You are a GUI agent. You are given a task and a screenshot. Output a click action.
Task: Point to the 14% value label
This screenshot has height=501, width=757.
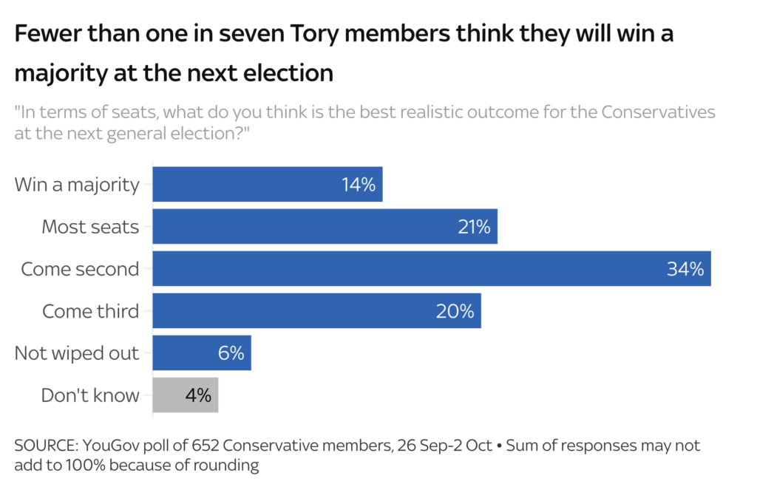click(x=359, y=185)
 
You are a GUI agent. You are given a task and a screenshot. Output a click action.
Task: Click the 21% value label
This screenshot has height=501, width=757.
click(x=473, y=227)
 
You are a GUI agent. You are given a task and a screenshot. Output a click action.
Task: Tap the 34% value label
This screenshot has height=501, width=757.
click(x=685, y=269)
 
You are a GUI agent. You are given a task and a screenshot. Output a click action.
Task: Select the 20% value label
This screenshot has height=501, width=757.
click(x=455, y=311)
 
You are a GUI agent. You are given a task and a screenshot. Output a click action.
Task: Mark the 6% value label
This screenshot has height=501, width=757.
click(x=231, y=353)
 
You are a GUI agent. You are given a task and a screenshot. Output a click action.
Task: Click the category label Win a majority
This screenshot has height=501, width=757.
click(x=77, y=185)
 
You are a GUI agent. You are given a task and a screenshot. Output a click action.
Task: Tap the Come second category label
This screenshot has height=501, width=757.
click(x=80, y=269)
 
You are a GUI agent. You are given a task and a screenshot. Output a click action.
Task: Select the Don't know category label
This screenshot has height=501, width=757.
click(x=90, y=395)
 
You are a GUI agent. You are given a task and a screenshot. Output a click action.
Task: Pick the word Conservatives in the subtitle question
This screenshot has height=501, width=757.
click(x=658, y=112)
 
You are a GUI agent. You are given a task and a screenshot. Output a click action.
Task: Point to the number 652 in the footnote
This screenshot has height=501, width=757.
click(x=206, y=446)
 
